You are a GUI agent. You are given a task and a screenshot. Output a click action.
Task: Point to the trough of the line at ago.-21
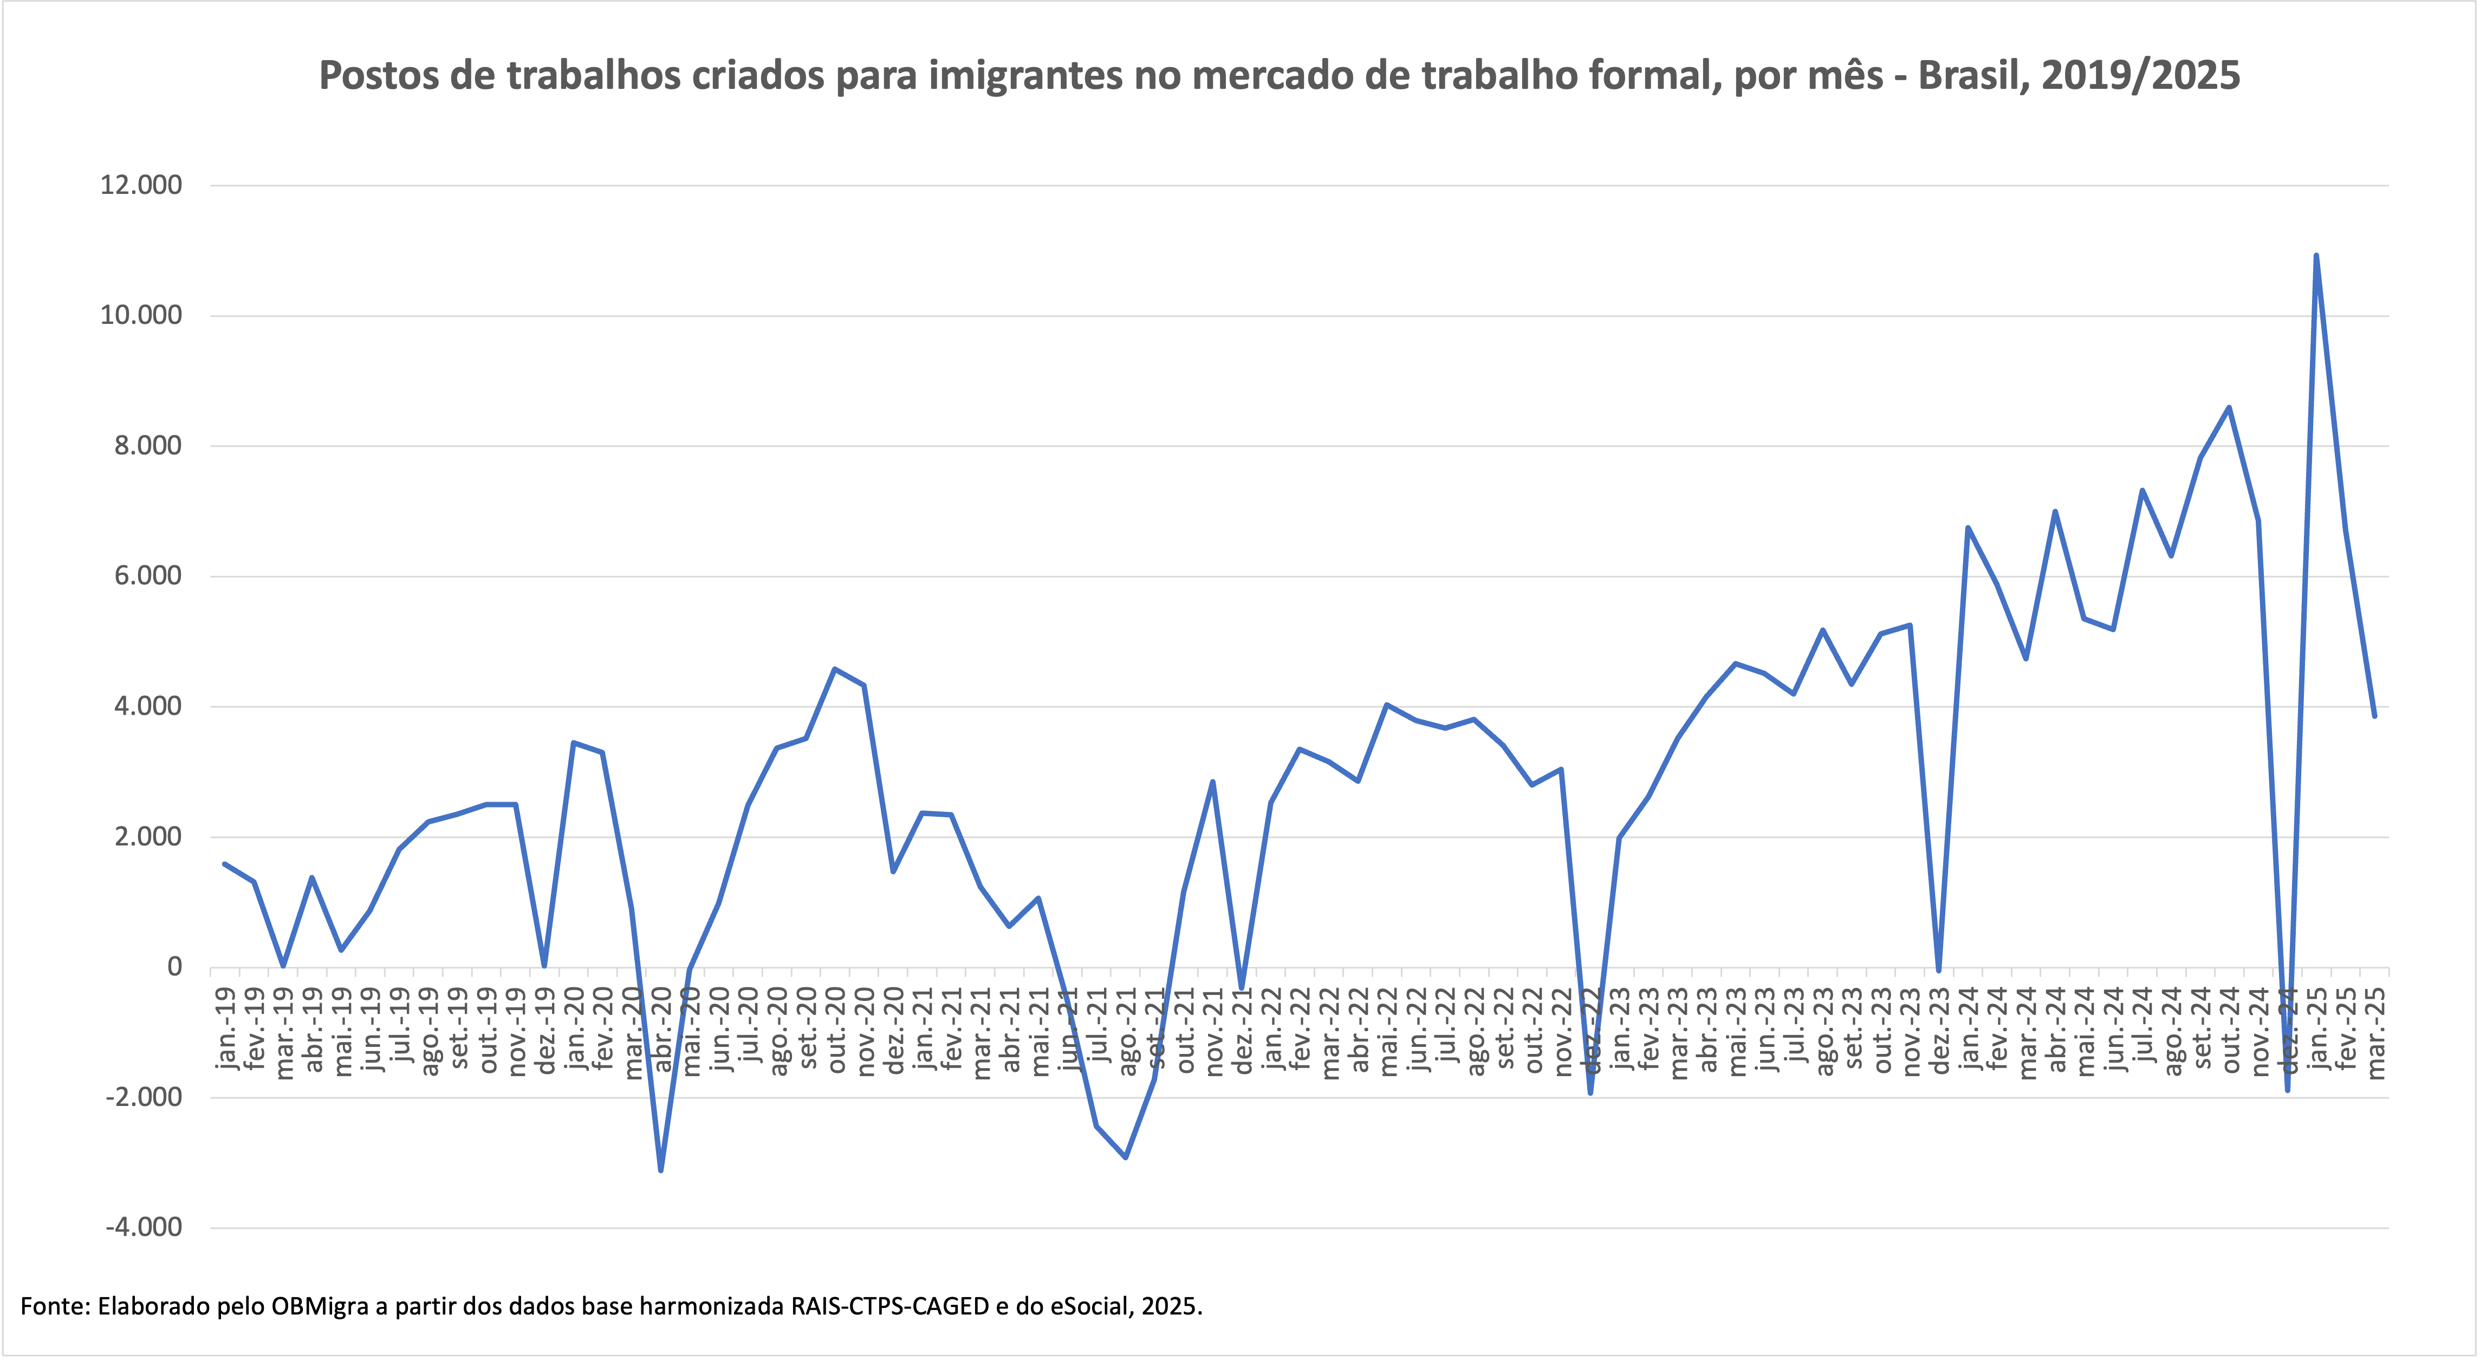(x=1126, y=1157)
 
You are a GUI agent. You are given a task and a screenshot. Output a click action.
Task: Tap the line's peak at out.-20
(x=835, y=669)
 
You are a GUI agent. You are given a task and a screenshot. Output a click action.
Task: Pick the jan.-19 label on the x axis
(x=226, y=1028)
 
